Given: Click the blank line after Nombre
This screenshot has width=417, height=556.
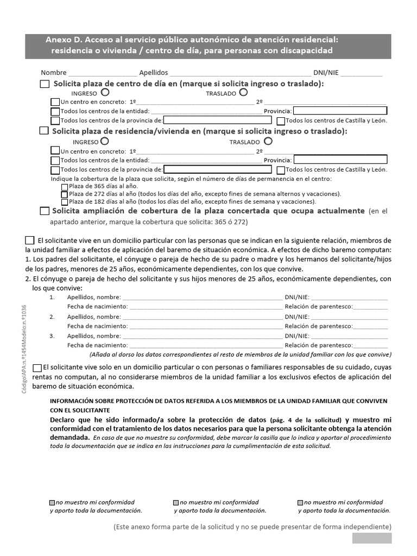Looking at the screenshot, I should (102, 73).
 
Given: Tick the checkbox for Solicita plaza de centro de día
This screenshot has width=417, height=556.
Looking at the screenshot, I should (45, 84).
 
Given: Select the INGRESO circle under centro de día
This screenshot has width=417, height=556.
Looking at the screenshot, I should (104, 93).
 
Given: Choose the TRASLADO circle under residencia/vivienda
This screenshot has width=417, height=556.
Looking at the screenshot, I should (268, 141).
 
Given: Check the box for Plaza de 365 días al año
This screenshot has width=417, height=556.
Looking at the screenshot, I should (65, 186).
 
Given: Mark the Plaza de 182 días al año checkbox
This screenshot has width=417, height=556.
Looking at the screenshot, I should (65, 201).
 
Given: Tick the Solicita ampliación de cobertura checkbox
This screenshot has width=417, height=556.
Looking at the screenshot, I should (45, 211).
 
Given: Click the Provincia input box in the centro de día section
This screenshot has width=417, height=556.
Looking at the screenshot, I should (340, 111).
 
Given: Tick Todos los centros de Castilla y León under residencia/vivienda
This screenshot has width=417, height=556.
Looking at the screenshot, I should (281, 169).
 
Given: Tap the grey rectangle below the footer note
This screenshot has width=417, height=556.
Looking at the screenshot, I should (371, 538).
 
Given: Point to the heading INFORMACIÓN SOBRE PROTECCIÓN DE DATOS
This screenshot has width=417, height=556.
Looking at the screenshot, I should (218, 401).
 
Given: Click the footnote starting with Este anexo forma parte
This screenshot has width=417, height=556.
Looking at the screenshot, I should (252, 527).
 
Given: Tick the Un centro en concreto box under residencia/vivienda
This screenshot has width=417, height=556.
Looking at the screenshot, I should (55, 150).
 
